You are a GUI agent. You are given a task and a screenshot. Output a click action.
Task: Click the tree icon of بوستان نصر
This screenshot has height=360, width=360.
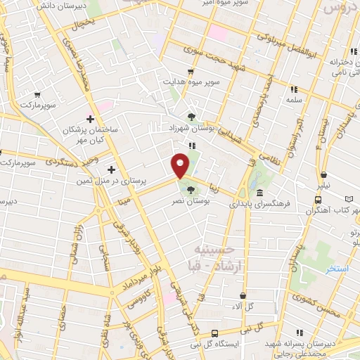[191, 190]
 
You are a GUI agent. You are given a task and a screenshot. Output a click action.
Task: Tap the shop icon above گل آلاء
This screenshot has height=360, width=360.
[243, 296]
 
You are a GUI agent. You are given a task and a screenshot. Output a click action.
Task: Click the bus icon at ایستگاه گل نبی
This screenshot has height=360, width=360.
[214, 333]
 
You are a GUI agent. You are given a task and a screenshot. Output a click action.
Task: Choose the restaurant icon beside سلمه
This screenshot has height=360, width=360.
[293, 89]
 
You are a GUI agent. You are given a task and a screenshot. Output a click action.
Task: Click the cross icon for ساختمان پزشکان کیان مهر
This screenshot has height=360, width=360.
[90, 120]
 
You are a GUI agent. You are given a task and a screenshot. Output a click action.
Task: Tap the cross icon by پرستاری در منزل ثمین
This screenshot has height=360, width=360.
[111, 169]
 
